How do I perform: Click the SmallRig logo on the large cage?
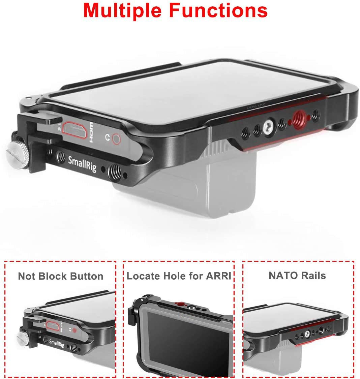pyautogui.click(x=82, y=164)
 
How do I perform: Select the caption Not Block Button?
pyautogui.click(x=61, y=276)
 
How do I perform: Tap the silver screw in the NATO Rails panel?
pyautogui.click(x=307, y=334)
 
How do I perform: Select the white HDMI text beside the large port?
pyautogui.click(x=91, y=132)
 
